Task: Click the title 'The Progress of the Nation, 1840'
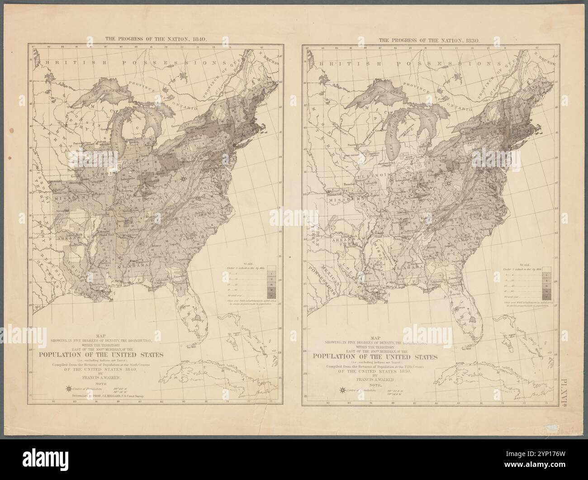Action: pos(156,39)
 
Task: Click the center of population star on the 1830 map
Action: pos(448,184)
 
